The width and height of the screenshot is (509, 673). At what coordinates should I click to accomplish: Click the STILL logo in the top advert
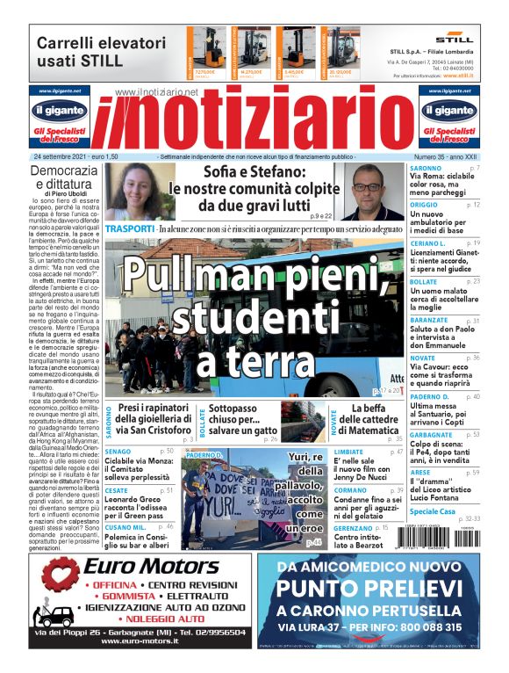point(454,39)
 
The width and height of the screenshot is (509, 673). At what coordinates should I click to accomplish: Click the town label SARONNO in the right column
point(426,167)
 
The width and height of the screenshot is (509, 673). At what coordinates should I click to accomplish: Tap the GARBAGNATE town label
point(431,434)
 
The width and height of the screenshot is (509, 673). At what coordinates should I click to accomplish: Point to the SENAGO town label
point(118,451)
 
